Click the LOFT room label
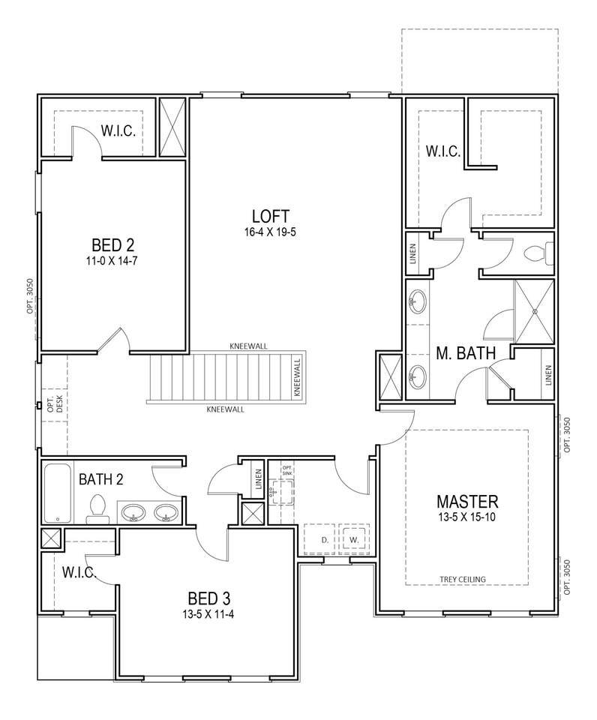(271, 216)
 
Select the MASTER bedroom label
(467, 500)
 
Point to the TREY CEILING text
(463, 579)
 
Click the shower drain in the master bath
(535, 311)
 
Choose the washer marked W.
(353, 539)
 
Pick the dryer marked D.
(325, 539)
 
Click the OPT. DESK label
(55, 404)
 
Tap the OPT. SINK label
(287, 469)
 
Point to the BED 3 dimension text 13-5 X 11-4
(208, 614)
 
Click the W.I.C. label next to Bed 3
(79, 572)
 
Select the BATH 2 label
(100, 479)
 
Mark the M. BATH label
(466, 353)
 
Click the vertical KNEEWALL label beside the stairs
(297, 377)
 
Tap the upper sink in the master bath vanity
(417, 301)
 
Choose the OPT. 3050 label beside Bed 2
(29, 297)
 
